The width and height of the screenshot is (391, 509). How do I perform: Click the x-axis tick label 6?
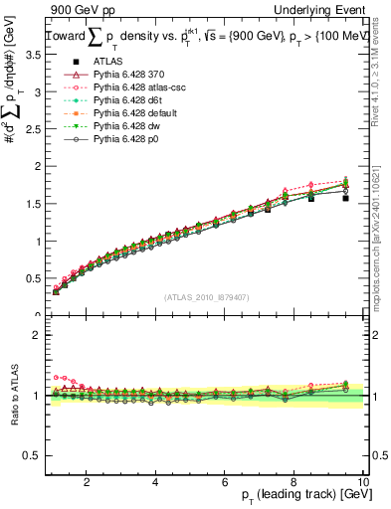point(225,482)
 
